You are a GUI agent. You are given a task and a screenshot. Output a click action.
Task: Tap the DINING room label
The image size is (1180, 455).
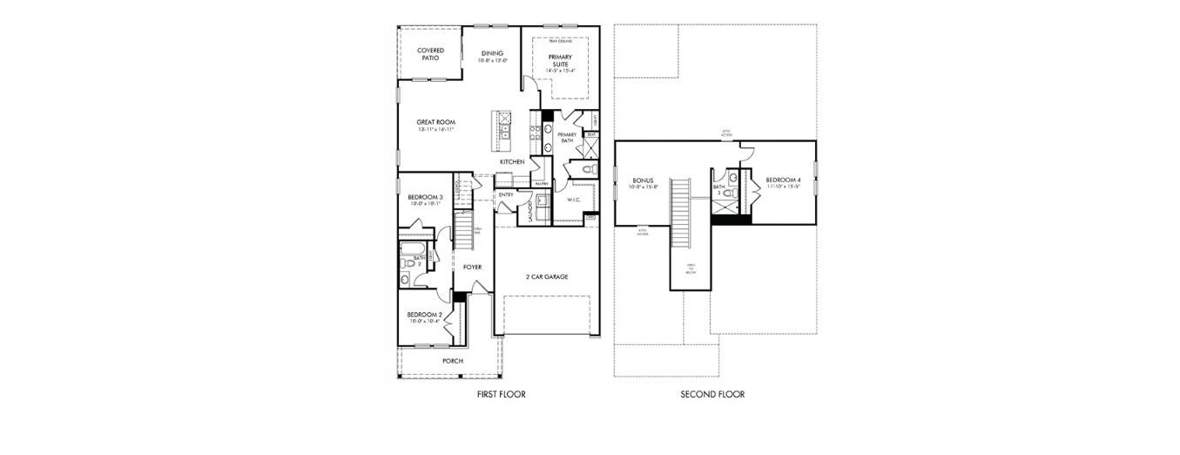[493, 53]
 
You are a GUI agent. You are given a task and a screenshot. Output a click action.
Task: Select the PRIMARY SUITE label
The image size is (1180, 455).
[560, 60]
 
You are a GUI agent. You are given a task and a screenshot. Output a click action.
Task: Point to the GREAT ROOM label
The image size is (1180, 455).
[435, 122]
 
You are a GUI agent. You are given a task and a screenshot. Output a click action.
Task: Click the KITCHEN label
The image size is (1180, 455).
[511, 162]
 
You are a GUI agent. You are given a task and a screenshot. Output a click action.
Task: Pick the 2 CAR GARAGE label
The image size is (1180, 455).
[546, 276]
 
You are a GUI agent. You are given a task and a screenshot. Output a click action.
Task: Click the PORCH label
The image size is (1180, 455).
[452, 360]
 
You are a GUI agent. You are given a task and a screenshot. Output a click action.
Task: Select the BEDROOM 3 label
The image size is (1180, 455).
[425, 197]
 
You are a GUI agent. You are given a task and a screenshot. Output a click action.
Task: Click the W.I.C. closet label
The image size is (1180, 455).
[573, 200]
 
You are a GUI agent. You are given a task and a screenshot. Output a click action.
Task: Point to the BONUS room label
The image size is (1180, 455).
[644, 180]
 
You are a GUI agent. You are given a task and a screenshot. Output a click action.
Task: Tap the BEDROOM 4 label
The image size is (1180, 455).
[784, 180]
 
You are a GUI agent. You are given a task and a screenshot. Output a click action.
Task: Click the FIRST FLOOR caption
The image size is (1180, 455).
[501, 395]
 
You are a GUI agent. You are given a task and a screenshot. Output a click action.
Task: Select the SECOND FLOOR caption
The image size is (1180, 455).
[712, 395]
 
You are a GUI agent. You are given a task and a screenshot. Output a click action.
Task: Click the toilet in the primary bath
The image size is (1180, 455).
[589, 169]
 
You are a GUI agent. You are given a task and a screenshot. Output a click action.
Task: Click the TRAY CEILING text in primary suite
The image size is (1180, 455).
[560, 41]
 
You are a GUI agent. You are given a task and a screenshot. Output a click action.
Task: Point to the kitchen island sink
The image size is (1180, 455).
[504, 132]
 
